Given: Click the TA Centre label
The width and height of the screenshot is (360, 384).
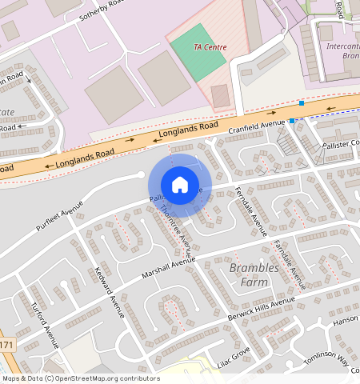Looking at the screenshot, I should pyautogui.click(x=210, y=47).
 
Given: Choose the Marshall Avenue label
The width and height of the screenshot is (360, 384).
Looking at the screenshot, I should pyautogui.click(x=169, y=265).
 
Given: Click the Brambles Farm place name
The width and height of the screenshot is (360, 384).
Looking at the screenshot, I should pyautogui.click(x=254, y=274).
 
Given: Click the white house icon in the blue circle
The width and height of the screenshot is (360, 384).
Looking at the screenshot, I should pyautogui.click(x=180, y=185).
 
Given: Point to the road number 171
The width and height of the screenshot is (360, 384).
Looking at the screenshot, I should pyautogui.click(x=6, y=346).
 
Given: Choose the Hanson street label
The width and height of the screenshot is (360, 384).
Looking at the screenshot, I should pyautogui.click(x=346, y=321).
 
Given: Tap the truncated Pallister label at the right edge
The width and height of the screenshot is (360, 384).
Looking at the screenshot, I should pyautogui.click(x=343, y=143).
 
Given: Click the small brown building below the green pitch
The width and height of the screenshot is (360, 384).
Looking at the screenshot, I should pyautogui.click(x=220, y=96).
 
